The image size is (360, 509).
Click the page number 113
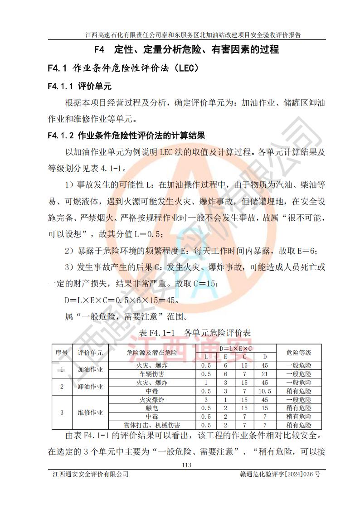186,465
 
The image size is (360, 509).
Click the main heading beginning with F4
186,49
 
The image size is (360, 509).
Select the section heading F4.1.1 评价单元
79,86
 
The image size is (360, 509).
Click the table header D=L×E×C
236,349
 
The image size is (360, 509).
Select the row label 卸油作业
90,387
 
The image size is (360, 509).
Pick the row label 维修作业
90,412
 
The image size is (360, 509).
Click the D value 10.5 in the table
265,391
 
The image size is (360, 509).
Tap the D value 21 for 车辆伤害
265,374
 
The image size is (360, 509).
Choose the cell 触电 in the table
152,408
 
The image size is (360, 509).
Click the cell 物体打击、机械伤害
152,425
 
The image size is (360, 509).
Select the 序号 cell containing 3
62,412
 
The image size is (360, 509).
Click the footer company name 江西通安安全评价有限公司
90,475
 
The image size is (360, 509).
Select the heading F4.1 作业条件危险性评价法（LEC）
123,68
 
